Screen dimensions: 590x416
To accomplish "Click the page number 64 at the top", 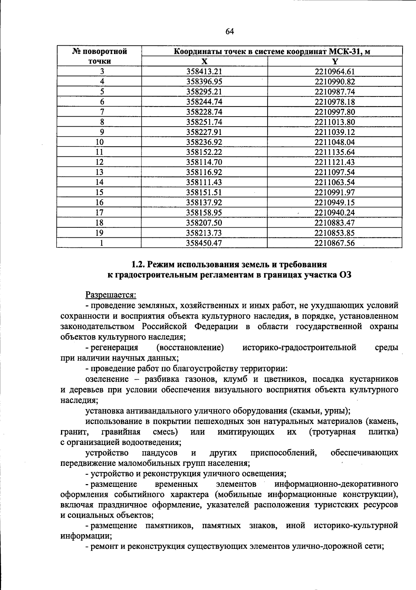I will [x=229, y=31].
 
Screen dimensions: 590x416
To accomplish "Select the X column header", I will [x=205, y=62].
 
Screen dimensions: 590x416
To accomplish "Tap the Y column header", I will [x=335, y=62].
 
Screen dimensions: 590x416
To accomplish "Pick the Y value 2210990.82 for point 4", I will [x=335, y=82].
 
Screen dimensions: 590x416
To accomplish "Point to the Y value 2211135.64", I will [x=335, y=152].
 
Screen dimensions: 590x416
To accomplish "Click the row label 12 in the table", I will [x=99, y=162].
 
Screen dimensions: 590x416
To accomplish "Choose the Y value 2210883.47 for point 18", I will [x=335, y=223].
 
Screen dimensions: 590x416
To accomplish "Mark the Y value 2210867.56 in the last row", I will [x=335, y=243].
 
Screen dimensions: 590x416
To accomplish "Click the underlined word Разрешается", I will [x=111, y=295].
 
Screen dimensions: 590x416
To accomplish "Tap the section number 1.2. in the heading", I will [x=138, y=265].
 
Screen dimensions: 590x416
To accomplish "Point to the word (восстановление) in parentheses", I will [x=190, y=347].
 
